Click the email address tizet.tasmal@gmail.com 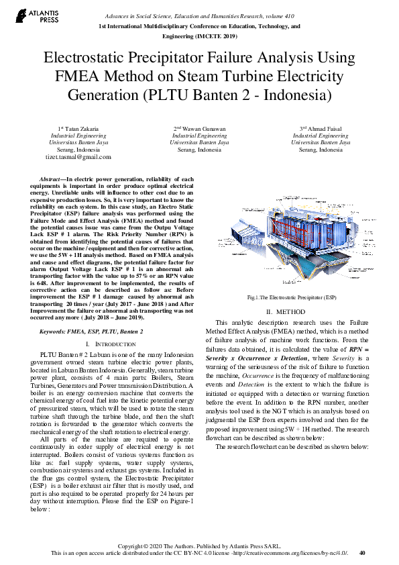(x=78, y=157)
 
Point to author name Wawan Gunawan (x=203, y=127)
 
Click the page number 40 (x=363, y=553)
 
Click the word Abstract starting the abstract (x=51, y=180)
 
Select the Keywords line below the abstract (x=92, y=331)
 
